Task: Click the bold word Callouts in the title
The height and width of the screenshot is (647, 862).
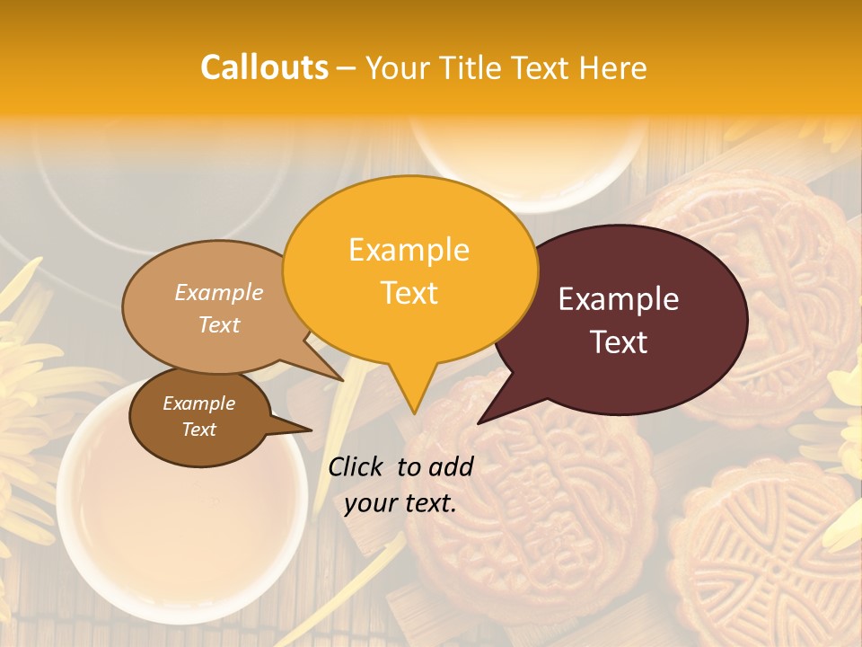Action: tap(264, 67)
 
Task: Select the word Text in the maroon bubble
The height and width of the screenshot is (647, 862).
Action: tap(619, 341)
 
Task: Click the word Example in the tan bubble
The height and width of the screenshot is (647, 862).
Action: tap(218, 292)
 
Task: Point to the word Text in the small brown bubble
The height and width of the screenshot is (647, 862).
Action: tap(198, 430)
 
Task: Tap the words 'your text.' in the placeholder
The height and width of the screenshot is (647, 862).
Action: tap(400, 503)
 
